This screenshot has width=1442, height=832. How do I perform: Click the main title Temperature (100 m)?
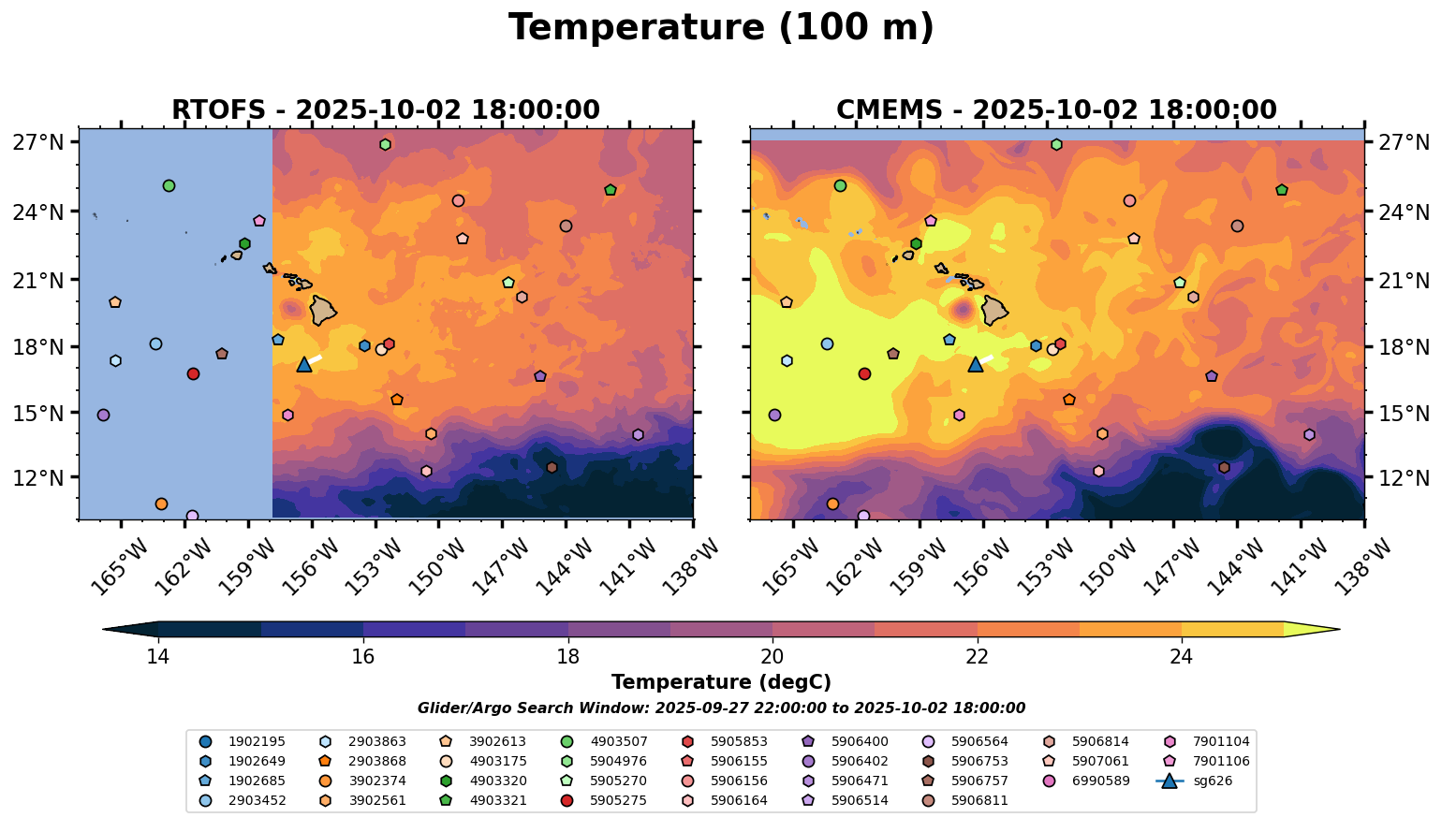click(x=721, y=28)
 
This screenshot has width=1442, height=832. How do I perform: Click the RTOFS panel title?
click(x=386, y=110)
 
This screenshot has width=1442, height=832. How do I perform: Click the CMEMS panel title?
click(x=1056, y=110)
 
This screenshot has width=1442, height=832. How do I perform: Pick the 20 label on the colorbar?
click(x=772, y=657)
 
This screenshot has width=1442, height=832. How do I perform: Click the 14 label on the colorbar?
click(x=158, y=657)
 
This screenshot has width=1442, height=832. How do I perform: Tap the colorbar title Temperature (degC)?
click(x=721, y=682)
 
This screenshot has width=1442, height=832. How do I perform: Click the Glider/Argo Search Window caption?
click(x=721, y=708)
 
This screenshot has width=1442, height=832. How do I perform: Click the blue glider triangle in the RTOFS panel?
click(x=304, y=364)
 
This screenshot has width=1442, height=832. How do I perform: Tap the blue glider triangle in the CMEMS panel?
click(x=976, y=364)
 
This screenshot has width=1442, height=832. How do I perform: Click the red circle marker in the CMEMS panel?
click(x=864, y=373)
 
